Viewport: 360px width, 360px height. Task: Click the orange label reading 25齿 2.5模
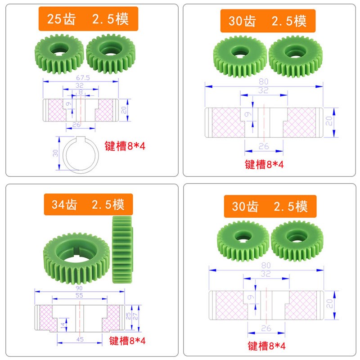pos(87,19)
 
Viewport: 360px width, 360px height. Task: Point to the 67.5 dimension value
pos(81,78)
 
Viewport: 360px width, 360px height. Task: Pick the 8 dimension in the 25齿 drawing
pos(81,92)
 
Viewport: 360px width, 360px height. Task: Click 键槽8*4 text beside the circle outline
pos(126,146)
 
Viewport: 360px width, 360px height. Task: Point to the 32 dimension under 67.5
pos(80,85)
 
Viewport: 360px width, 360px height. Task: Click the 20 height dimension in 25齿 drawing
pos(124,109)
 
